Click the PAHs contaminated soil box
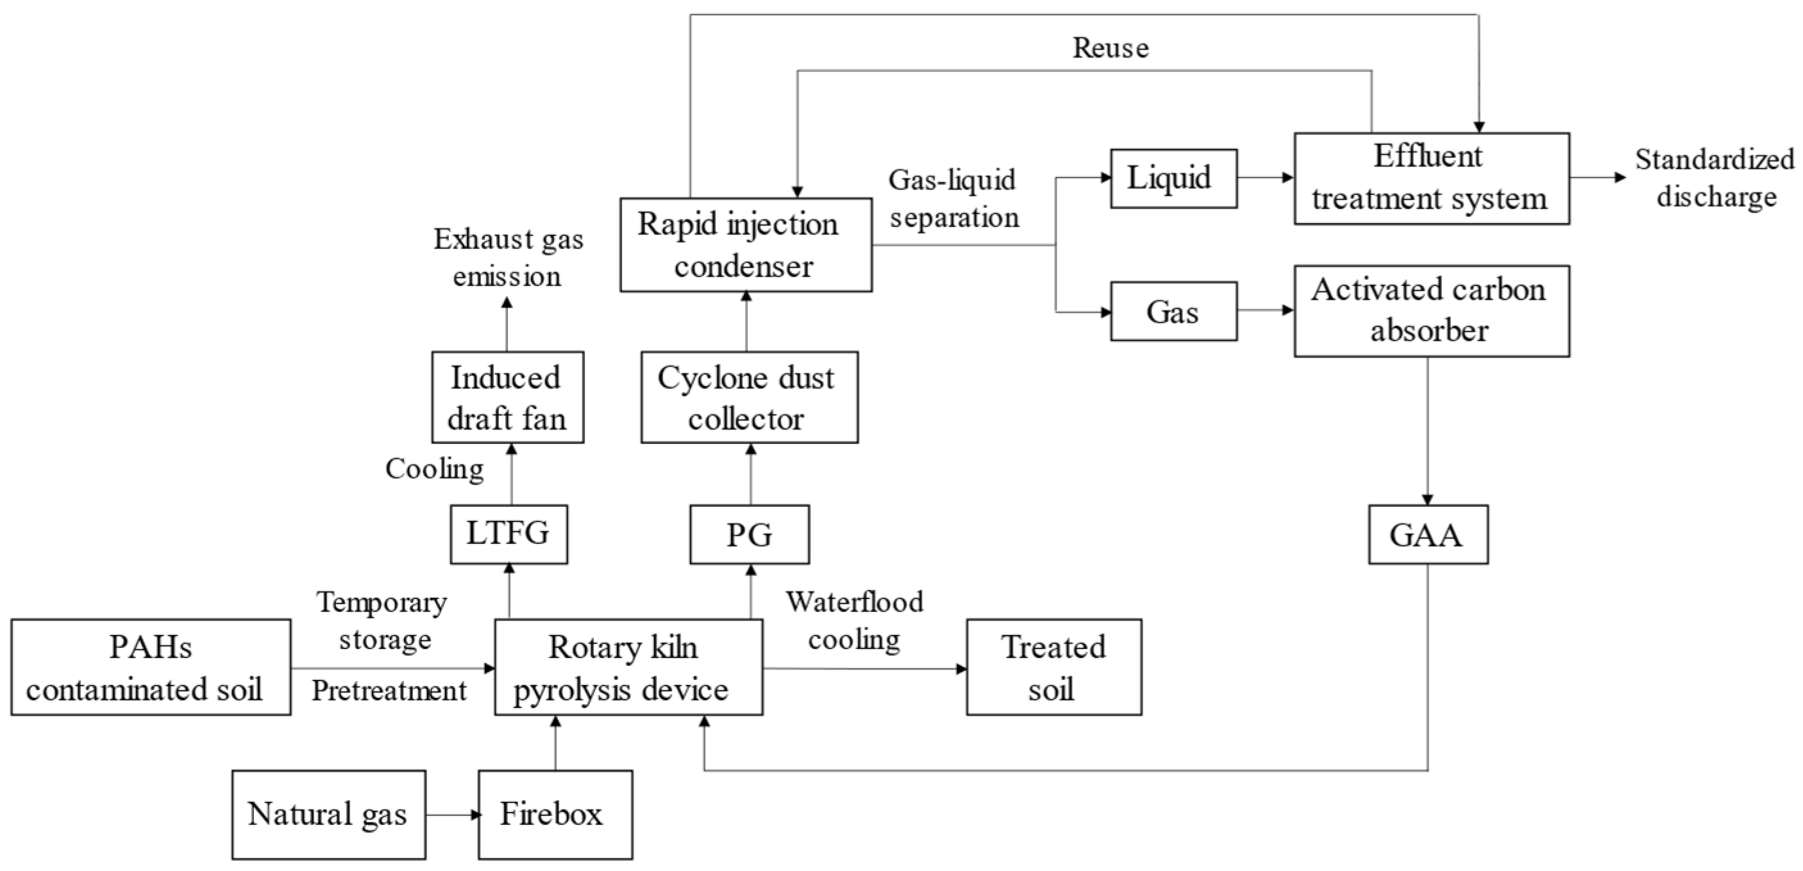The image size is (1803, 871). point(151,666)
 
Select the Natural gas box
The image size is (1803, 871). point(328,815)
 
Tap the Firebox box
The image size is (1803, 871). point(555,815)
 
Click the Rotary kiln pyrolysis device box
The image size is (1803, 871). point(628,666)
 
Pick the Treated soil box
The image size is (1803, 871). point(1053,666)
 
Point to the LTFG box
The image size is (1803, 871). point(509,534)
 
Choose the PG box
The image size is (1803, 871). point(749,534)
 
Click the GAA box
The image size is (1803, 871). point(1428,534)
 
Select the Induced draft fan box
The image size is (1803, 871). point(507,397)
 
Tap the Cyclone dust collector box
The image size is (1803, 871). point(749,397)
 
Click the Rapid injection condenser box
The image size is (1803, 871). point(746,244)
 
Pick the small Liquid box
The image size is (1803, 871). point(1173,178)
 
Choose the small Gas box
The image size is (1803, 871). point(1173,312)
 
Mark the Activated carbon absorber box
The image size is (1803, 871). point(1430,310)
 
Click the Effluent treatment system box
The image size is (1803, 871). point(1430,178)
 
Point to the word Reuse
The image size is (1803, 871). point(1111,47)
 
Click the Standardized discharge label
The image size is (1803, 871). point(1715,178)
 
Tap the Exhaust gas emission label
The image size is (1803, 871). point(507,257)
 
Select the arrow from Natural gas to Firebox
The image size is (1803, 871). point(452,815)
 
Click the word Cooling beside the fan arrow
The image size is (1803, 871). point(435,468)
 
